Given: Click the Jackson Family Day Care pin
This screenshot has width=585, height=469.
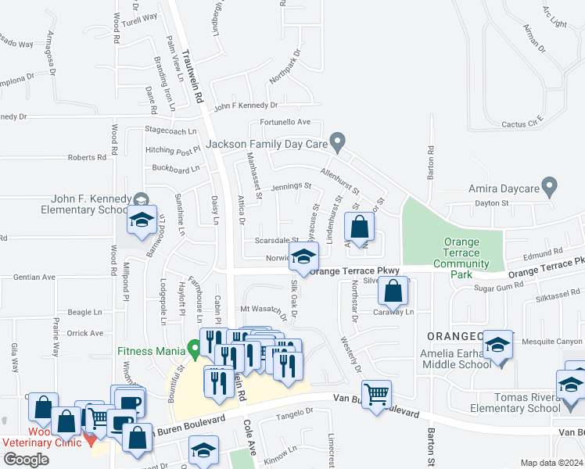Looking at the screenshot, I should [x=338, y=142].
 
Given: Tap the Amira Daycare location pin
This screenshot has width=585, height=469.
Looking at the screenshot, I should [x=550, y=187].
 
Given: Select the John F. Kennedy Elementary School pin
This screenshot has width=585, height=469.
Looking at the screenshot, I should [x=141, y=200].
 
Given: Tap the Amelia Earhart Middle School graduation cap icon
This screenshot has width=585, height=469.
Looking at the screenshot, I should [x=497, y=345].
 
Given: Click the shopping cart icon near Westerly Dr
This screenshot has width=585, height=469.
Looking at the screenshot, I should [x=376, y=393].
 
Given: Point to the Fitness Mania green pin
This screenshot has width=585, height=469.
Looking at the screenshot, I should [x=193, y=345].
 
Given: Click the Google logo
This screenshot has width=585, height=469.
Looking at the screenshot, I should [x=26, y=459].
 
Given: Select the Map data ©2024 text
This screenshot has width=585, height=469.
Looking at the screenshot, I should [x=551, y=463].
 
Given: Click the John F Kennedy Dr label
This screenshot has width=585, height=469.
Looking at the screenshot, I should [x=246, y=105].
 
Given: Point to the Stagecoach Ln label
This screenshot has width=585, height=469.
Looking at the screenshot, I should [x=170, y=131].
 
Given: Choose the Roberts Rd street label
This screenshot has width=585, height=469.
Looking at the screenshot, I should [x=86, y=157].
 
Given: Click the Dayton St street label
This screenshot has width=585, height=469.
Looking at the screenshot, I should [x=493, y=203].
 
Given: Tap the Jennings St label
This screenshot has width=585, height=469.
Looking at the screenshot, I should [x=291, y=187].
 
